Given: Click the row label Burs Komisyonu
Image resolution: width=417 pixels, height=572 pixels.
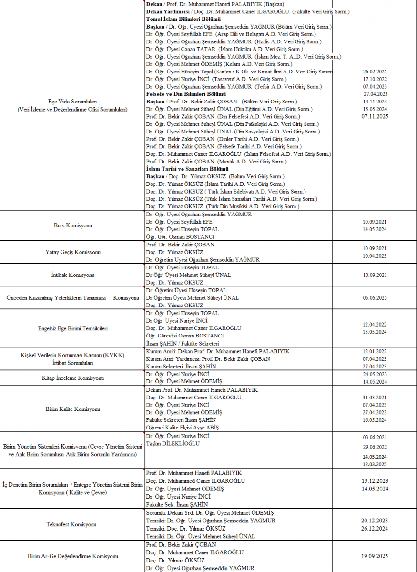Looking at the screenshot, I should (72, 225).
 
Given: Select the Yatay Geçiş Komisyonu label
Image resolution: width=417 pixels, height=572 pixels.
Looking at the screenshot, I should (72, 252).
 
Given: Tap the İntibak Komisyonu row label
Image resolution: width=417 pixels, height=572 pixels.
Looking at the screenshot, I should (72, 275).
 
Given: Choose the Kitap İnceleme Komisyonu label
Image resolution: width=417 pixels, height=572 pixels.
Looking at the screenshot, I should (72, 378).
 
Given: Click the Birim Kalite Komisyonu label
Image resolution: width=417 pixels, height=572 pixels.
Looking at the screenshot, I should (72, 409).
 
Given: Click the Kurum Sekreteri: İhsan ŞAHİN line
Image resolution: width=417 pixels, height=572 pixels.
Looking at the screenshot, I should (181, 366).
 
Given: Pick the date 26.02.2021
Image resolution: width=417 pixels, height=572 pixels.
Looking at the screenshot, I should (375, 71).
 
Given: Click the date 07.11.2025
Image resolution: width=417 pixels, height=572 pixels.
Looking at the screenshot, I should (375, 116).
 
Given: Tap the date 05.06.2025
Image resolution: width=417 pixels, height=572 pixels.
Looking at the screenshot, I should (375, 298).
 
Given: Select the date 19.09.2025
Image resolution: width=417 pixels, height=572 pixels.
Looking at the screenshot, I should (375, 556).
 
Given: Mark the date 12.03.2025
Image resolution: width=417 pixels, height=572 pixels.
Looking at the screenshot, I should (375, 464).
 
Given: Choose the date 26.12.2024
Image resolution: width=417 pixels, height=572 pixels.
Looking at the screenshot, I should (375, 528).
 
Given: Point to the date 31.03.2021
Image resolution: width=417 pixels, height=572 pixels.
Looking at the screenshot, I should (375, 398).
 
